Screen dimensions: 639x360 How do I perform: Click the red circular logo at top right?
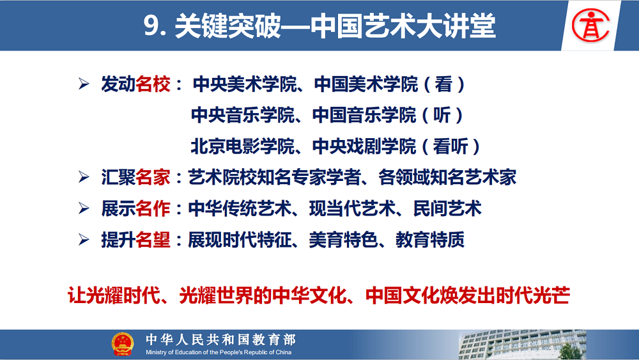click(x=590, y=26)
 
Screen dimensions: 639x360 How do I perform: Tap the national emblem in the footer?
click(x=123, y=344)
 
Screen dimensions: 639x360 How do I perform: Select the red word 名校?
click(x=153, y=84)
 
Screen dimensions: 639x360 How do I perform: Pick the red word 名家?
click(x=153, y=177)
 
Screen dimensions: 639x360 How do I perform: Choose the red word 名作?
click(x=153, y=208)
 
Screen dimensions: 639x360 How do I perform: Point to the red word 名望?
click(x=153, y=240)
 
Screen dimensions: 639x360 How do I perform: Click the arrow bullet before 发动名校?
click(x=84, y=84)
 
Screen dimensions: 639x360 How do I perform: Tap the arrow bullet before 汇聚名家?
click(x=84, y=177)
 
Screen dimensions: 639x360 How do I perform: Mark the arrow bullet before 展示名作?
click(x=84, y=208)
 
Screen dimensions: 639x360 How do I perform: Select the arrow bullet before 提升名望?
click(x=84, y=239)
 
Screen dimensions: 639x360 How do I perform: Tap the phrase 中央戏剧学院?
click(x=364, y=146)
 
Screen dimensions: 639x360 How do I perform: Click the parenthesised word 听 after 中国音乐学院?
click(x=442, y=115)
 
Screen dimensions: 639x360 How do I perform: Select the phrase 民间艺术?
click(x=447, y=208)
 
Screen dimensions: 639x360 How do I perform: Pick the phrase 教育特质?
click(x=430, y=240)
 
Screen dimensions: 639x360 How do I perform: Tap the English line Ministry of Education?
click(x=219, y=352)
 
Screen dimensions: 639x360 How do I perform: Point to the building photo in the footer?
click(x=523, y=345)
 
